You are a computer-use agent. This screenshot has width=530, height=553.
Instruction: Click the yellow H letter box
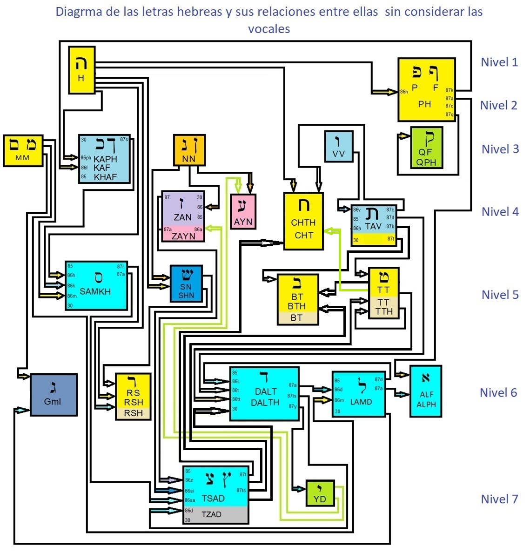tap(82, 70)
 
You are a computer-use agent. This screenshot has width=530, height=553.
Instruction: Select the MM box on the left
tap(22, 150)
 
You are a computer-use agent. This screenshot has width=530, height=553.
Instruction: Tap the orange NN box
tap(189, 150)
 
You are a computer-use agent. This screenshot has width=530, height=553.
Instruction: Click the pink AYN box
tap(243, 212)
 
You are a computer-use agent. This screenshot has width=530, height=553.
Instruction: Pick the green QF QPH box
tap(426, 148)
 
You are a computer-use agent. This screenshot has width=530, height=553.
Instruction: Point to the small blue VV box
tap(338, 146)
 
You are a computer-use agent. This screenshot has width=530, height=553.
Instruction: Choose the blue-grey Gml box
tap(53, 395)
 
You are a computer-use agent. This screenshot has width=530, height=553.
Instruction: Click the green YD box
tap(320, 493)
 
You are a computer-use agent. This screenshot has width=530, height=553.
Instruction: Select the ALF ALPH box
tap(426, 391)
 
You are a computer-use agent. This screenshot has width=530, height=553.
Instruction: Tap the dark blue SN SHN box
tap(186, 283)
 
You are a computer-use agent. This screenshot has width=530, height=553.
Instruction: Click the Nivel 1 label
tap(499, 62)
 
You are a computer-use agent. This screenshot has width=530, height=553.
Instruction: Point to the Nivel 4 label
tap(500, 211)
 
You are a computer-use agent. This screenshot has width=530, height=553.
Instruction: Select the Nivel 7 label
tap(499, 499)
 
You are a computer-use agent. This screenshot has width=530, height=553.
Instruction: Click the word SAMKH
tap(95, 291)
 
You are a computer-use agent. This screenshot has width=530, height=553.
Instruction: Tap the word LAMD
tap(361, 402)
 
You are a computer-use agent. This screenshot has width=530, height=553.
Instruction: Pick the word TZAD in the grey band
tap(212, 514)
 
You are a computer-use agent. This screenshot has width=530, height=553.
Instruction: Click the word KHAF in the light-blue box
tap(106, 177)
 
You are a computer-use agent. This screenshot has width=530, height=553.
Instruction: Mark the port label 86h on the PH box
tap(404, 92)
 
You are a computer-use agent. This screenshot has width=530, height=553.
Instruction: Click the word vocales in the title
tap(269, 29)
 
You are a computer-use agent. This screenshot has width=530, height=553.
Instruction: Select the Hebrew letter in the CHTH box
tap(303, 205)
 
